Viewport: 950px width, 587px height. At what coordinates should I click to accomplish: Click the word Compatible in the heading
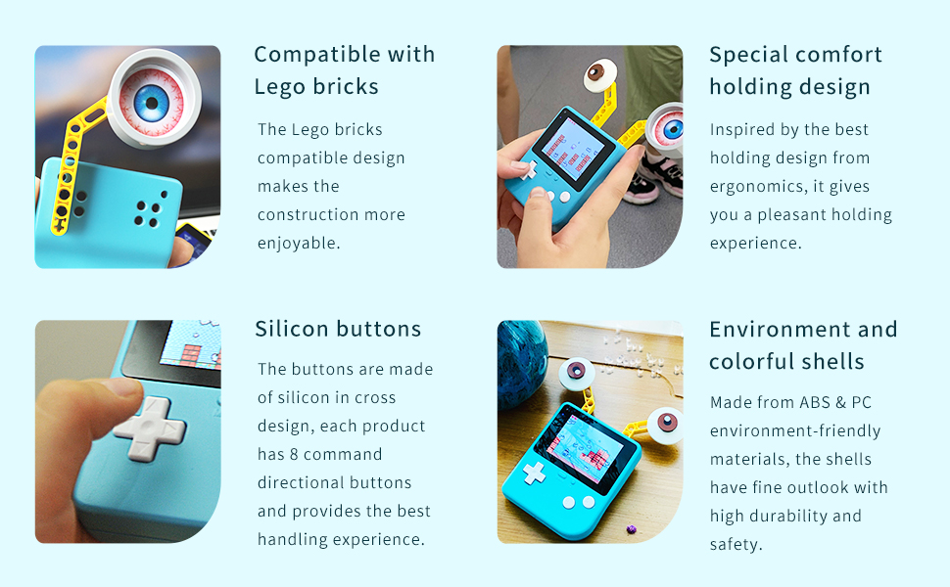317,55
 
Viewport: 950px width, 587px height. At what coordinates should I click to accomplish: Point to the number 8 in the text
294,454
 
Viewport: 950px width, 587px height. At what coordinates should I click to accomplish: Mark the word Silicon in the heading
292,329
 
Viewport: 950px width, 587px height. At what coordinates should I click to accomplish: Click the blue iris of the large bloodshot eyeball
151,103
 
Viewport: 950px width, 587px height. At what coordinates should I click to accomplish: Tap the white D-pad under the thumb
150,429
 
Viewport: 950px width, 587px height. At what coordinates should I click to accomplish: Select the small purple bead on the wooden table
632,529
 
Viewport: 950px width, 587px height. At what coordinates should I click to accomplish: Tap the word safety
735,545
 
